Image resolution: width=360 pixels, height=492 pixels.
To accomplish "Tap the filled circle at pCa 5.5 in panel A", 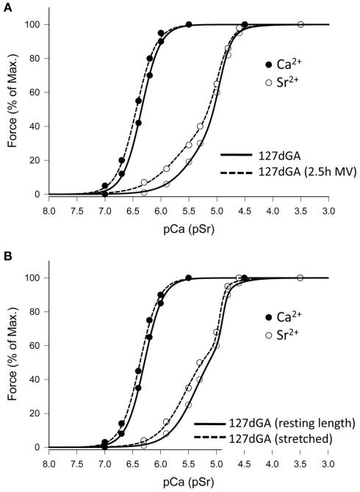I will [189, 25].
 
